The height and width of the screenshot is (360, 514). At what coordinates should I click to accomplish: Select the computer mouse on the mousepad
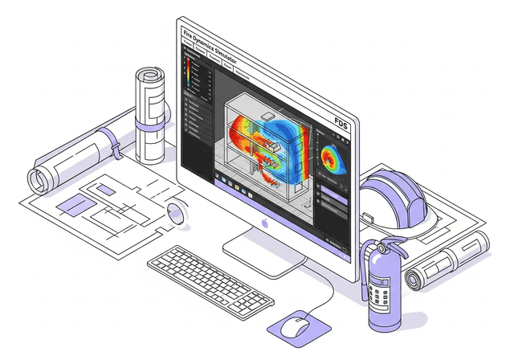coord(297,325)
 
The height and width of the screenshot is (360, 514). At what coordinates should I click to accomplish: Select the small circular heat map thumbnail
coord(330,157)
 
